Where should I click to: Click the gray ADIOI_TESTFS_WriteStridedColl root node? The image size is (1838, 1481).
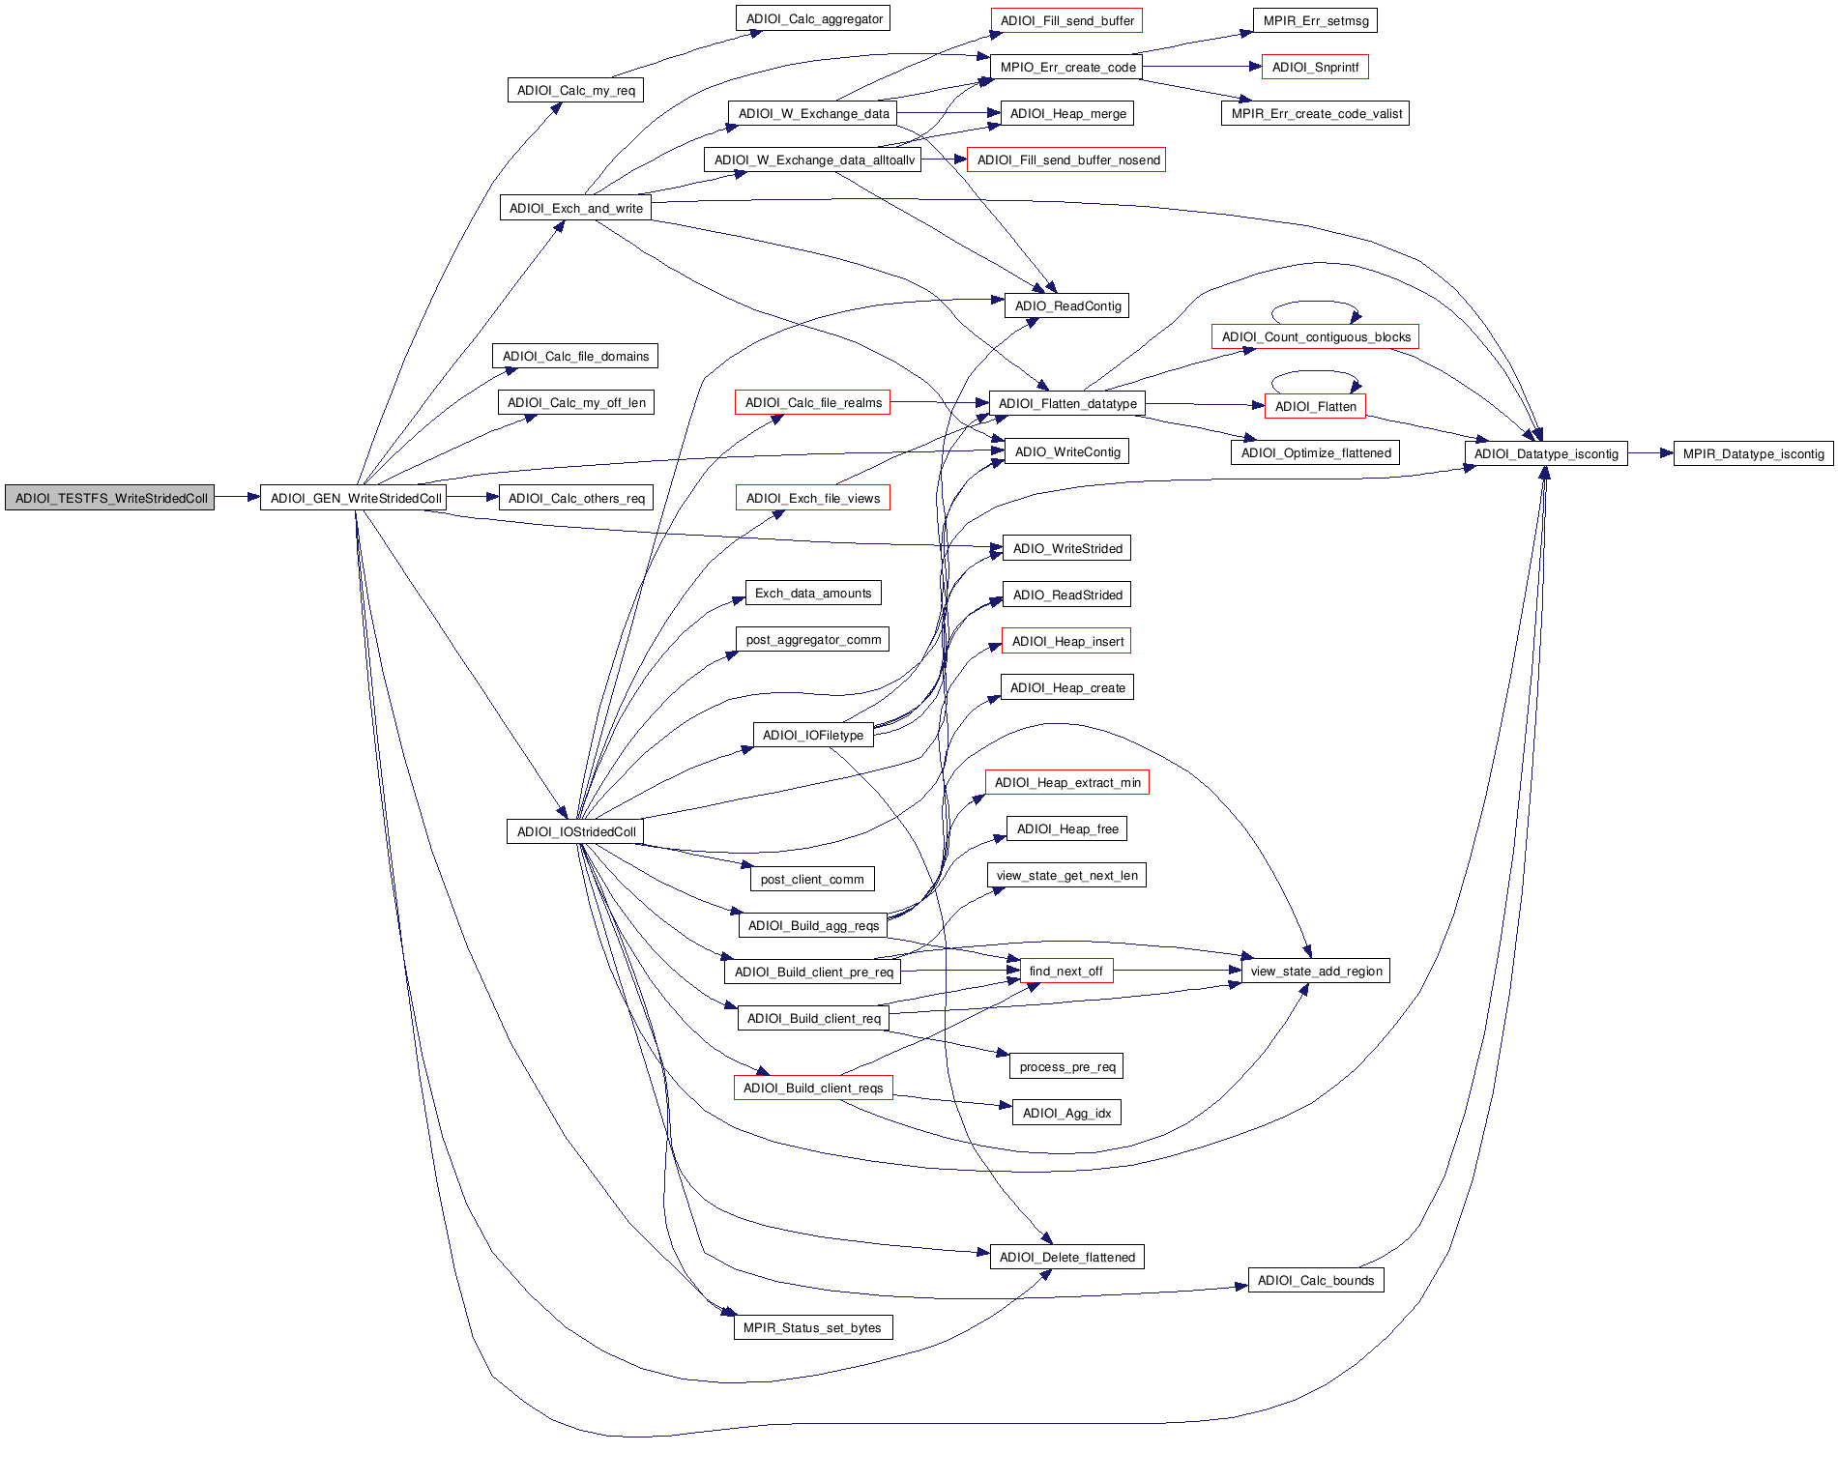tap(110, 499)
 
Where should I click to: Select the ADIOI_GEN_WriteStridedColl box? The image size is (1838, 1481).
tap(356, 499)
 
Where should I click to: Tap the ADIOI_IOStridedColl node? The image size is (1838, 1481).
tap(575, 832)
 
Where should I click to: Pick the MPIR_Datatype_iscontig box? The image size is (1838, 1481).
tap(1753, 454)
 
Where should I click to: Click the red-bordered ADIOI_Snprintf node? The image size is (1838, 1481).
tap(1315, 68)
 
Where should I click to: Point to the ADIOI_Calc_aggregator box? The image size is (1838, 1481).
tap(813, 19)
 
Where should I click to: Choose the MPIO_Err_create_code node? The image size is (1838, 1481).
tap(1066, 68)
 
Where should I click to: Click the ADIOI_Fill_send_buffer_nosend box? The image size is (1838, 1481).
tap(1067, 160)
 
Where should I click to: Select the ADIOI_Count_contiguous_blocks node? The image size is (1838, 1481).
tap(1315, 337)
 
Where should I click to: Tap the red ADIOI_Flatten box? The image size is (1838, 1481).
tap(1315, 407)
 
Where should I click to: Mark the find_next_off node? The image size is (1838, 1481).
tap(1065, 972)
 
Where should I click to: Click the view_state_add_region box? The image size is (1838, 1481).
tap(1315, 972)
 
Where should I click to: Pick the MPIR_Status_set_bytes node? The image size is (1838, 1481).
tap(812, 1328)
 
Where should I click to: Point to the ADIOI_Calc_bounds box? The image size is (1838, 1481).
tap(1315, 1281)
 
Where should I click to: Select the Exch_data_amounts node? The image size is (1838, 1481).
tap(812, 594)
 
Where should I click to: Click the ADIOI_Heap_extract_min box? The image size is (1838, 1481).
tap(1066, 783)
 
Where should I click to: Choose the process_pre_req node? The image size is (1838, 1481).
tap(1066, 1067)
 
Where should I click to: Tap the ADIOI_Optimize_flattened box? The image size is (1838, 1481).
tap(1315, 453)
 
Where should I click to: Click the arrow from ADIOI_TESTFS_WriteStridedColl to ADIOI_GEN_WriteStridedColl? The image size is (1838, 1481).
tap(237, 498)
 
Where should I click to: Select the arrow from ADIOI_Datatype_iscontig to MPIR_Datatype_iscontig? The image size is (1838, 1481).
tap(1649, 453)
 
